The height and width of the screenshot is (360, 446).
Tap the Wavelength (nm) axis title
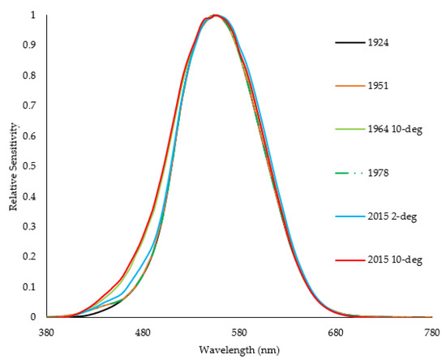coord(238,349)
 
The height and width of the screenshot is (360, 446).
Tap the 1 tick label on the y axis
coord(32,15)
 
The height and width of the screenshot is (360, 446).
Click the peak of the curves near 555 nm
coord(215,15)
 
